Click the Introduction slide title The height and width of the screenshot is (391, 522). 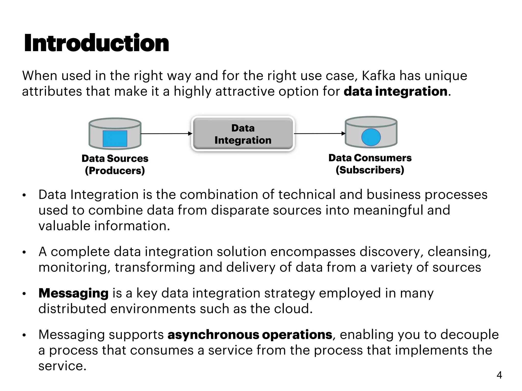pyautogui.click(x=96, y=43)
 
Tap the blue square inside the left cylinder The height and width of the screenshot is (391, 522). pyautogui.click(x=115, y=138)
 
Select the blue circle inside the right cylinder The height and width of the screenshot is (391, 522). pyautogui.click(x=371, y=137)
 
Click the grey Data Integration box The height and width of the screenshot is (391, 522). pyautogui.click(x=243, y=134)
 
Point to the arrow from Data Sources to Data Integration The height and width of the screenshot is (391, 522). pyautogui.click(x=166, y=133)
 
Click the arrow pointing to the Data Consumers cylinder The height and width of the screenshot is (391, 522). pyautogui.click(x=320, y=133)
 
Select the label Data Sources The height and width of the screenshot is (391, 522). pyautogui.click(x=115, y=158)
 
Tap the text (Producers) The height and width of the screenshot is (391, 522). pyautogui.click(x=115, y=171)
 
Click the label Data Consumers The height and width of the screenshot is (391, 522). pyautogui.click(x=370, y=158)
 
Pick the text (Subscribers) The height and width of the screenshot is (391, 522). pyautogui.click(x=370, y=170)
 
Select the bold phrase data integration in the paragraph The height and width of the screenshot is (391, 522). pyautogui.click(x=395, y=91)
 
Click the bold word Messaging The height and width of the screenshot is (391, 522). pyautogui.click(x=73, y=293)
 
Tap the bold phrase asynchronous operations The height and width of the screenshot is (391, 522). pyautogui.click(x=250, y=334)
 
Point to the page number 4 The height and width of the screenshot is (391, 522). pyautogui.click(x=499, y=375)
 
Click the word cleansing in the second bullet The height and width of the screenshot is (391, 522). pyautogui.click(x=459, y=252)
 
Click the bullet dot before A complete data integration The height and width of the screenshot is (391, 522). pyautogui.click(x=24, y=252)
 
